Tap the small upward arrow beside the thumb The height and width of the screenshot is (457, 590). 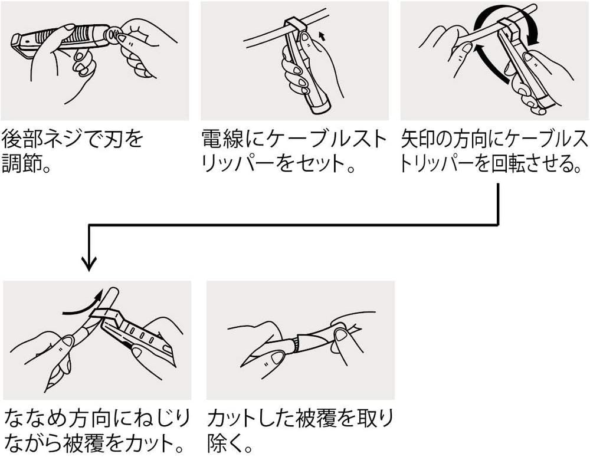point(322,36)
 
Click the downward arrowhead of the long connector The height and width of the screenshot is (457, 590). point(89,264)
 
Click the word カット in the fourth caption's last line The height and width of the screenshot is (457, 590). point(146,443)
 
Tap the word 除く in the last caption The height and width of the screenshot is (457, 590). point(224,443)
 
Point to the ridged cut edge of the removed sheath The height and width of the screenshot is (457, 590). point(296,344)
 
